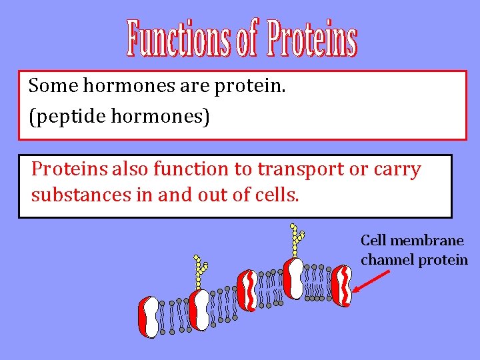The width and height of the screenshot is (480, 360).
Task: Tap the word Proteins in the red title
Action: click(x=312, y=39)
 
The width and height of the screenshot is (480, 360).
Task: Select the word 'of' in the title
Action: click(x=247, y=39)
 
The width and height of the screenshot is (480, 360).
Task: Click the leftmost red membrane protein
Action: click(x=149, y=317)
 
